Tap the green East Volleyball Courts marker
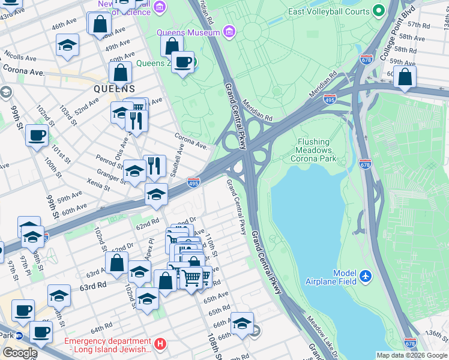pyautogui.click(x=378, y=10)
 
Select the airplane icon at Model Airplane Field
pyautogui.click(x=366, y=277)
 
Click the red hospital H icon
pyautogui.click(x=159, y=344)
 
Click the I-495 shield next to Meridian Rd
pyautogui.click(x=329, y=99)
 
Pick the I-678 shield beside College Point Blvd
pyautogui.click(x=366, y=59)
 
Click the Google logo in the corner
pyautogui.click(x=20, y=353)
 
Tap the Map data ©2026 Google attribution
pyautogui.click(x=412, y=355)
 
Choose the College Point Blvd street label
pyautogui.click(x=391, y=41)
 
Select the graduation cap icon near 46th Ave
pyautogui.click(x=68, y=44)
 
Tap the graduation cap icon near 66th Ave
pyautogui.click(x=242, y=323)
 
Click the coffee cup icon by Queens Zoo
pyautogui.click(x=183, y=61)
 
